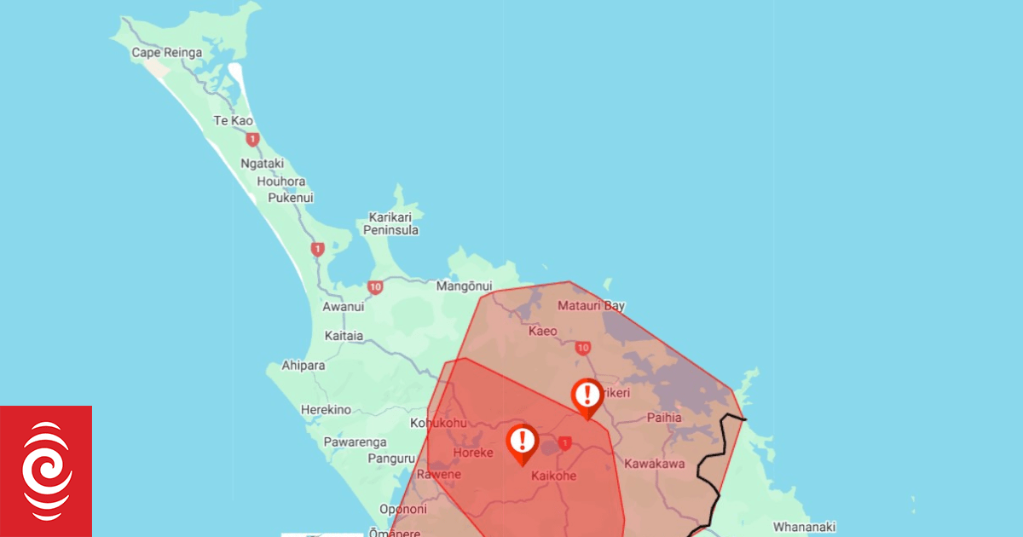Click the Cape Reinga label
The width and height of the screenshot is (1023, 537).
coord(166,53)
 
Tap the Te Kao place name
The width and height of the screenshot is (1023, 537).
coord(233,121)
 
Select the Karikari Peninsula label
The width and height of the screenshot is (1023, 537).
coord(390,223)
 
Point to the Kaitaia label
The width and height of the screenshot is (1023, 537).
coord(344,336)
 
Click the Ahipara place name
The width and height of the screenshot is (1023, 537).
coord(303,366)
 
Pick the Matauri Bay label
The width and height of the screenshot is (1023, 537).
coord(591,305)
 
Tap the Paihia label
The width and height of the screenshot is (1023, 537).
coord(664,418)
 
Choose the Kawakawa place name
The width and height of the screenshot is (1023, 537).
coord(654,464)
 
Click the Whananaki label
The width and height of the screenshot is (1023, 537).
coord(804,527)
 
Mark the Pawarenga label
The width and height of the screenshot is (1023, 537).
coord(355,442)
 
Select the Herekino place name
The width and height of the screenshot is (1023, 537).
coord(326,410)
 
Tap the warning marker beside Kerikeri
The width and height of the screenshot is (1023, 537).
coord(587,396)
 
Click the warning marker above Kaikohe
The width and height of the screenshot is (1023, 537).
coord(522,441)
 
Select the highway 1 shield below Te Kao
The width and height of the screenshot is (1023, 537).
coord(251,139)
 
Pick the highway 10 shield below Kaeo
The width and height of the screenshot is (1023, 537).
coord(583,348)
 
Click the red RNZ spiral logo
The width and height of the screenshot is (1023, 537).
coord(46,471)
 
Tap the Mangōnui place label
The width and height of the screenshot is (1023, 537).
coord(465,286)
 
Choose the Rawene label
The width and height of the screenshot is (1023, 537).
coord(439,475)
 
